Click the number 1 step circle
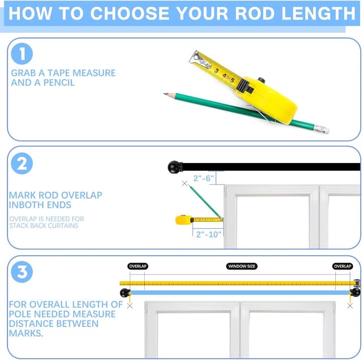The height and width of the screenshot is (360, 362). tap(22, 54)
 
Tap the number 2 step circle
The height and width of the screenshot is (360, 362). tap(22, 164)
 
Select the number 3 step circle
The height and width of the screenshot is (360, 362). tap(22, 272)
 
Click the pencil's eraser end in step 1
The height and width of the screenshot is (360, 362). tap(322, 129)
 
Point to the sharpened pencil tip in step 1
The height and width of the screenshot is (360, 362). tap(166, 94)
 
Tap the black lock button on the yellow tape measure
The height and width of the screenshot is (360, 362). tap(261, 80)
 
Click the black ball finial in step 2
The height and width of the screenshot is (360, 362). tap(175, 167)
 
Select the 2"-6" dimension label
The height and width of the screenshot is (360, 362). tap(204, 178)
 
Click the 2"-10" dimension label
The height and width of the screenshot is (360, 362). tap(209, 234)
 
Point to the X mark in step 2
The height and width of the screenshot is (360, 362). tap(184, 183)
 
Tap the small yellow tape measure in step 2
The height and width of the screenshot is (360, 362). tap(184, 220)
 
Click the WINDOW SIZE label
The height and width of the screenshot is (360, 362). tap(242, 266)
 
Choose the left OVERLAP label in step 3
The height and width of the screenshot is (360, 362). tap(138, 266)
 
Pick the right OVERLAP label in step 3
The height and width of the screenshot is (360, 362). tap(343, 266)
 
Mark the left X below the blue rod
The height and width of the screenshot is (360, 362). tap(130, 306)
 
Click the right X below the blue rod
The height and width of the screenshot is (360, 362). tap(350, 306)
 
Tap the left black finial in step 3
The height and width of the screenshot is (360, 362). tap(125, 293)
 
